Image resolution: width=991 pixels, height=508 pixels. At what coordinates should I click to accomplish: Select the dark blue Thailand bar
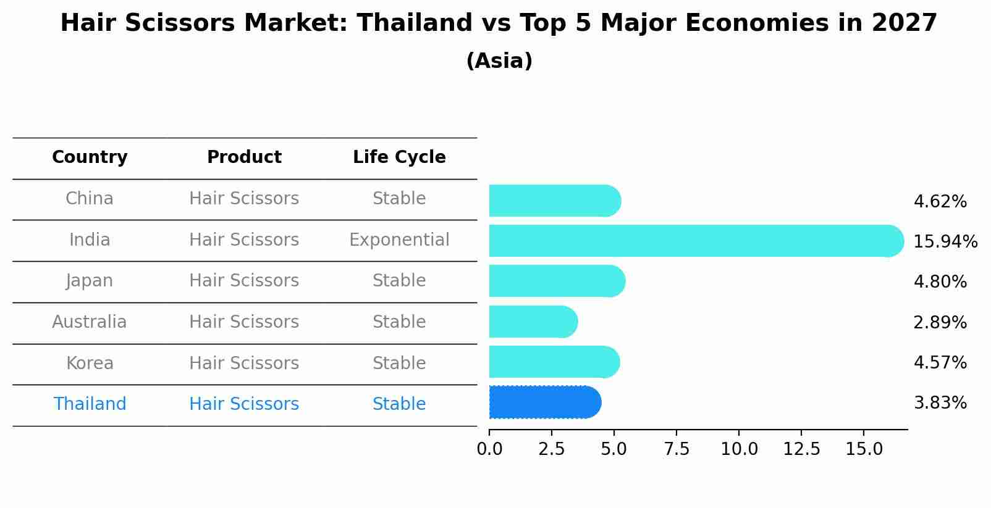pos(544,402)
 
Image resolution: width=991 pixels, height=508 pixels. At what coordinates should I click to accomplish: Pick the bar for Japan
pos(556,281)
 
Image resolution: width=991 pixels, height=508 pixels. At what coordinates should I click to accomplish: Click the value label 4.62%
pos(940,202)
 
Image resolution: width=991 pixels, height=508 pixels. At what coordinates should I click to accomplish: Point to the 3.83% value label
pos(940,403)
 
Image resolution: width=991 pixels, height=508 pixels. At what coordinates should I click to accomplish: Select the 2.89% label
pos(940,322)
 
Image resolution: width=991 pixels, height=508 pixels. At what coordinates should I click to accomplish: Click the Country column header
pos(90,157)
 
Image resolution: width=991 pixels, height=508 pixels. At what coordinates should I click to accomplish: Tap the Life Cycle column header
pos(399,157)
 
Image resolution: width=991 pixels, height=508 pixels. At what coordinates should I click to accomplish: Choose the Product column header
pos(244,157)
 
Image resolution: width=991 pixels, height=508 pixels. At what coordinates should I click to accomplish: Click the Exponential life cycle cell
pos(399,239)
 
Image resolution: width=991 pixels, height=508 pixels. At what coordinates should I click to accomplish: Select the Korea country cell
pos(90,363)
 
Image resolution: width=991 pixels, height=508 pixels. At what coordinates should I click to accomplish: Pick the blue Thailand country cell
pos(90,404)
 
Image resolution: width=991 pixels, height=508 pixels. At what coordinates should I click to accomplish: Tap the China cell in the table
pos(90,199)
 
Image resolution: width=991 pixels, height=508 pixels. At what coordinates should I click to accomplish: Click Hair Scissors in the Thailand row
pos(244,404)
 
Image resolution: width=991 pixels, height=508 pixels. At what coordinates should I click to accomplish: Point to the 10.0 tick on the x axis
pos(739,449)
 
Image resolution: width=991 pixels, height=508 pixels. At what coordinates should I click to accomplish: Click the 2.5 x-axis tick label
pos(552,449)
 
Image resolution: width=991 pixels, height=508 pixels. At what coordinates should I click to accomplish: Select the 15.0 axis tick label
pos(864,449)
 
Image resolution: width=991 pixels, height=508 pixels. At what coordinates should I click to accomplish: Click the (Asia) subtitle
pos(499,61)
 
